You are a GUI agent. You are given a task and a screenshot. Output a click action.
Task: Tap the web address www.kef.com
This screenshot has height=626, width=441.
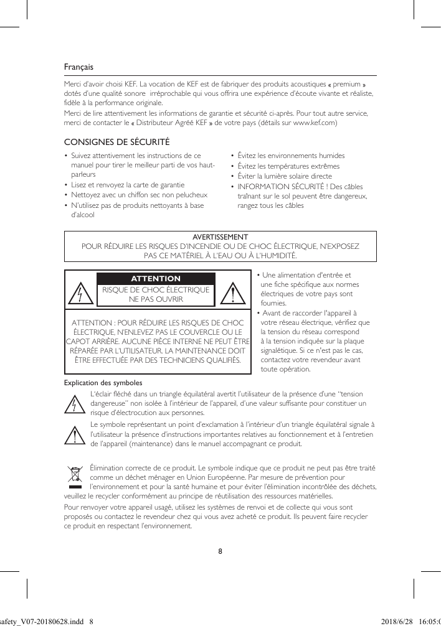point(315,123)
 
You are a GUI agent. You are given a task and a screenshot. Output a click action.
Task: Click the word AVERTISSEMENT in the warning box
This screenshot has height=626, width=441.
point(220,237)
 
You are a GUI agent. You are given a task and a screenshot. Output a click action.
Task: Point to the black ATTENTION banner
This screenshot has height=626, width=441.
point(156,278)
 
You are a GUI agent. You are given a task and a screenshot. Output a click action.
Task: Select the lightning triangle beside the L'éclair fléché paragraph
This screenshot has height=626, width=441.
point(75,404)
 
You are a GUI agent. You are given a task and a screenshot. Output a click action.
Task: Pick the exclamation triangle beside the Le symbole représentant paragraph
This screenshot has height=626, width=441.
point(75,436)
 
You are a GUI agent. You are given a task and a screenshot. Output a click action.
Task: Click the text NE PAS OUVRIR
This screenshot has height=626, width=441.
point(156,299)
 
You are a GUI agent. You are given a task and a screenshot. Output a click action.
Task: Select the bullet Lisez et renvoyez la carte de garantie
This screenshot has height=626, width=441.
point(128,185)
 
